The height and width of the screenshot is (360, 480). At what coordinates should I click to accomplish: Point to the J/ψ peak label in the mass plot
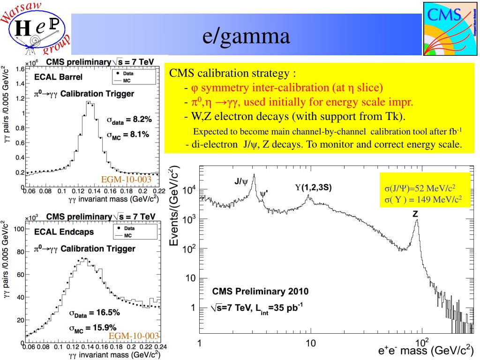pyautogui.click(x=241, y=181)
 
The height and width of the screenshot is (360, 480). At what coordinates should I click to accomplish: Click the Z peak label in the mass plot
pyautogui.click(x=415, y=213)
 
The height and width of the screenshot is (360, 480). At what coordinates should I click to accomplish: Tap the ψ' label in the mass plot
pyautogui.click(x=264, y=192)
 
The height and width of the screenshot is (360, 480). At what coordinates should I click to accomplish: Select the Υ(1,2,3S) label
pyautogui.click(x=313, y=187)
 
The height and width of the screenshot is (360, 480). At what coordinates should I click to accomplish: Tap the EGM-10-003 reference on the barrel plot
pyautogui.click(x=127, y=179)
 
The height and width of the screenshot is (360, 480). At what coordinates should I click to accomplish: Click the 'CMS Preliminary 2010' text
pyautogui.click(x=260, y=291)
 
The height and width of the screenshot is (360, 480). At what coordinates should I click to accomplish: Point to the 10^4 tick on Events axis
pyautogui.click(x=188, y=190)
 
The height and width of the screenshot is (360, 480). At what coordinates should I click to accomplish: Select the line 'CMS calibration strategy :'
pyautogui.click(x=232, y=74)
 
